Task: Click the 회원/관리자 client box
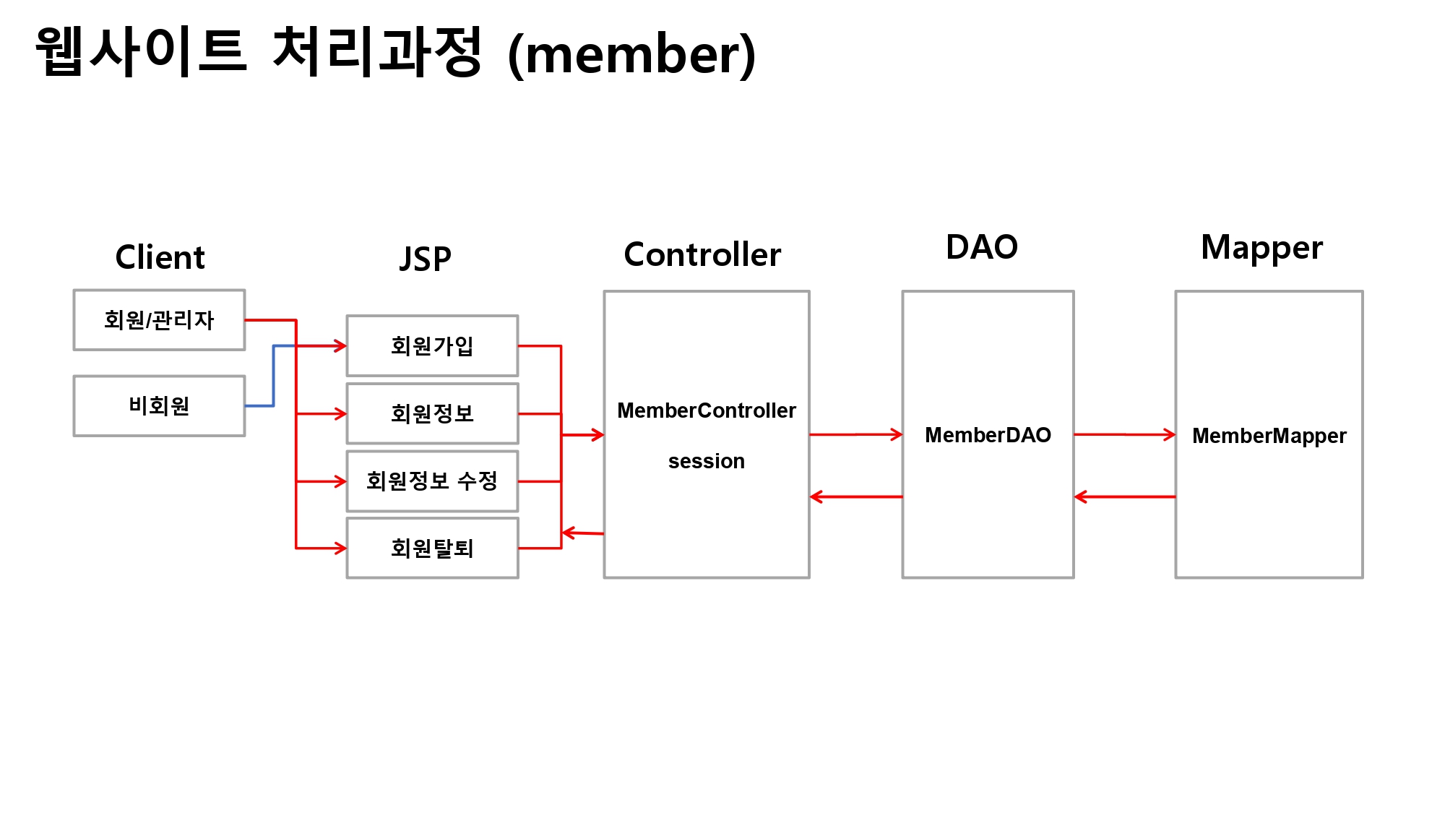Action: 159,320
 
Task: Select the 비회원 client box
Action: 159,405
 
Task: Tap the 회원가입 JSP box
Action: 432,345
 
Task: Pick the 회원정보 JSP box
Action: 432,413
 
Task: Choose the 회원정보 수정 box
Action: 432,481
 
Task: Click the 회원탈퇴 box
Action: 432,548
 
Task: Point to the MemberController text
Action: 706,410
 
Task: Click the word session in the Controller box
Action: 706,461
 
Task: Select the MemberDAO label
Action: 988,435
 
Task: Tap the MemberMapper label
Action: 1269,436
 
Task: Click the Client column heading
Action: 160,257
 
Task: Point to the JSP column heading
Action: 426,259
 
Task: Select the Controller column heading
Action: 702,254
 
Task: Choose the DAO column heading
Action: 982,247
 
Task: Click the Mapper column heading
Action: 1261,248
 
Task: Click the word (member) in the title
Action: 632,54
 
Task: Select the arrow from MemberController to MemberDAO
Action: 856,434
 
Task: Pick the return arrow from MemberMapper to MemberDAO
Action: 1124,496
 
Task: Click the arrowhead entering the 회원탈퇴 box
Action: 340,548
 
